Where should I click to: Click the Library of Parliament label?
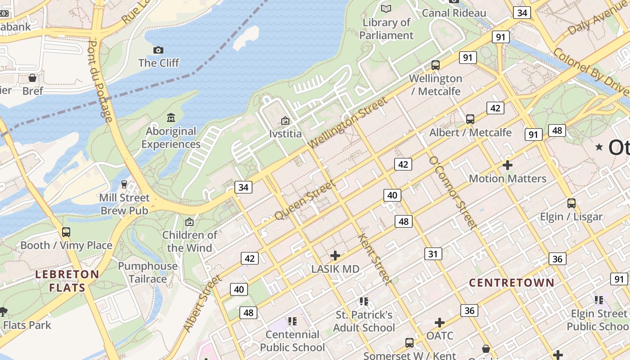pos(386,29)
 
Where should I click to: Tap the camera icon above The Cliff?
pos(158,50)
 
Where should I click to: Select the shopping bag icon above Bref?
pos(32,78)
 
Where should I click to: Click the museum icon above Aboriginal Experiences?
pos(171,118)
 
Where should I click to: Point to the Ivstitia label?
pos(285,134)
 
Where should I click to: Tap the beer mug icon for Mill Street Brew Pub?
pos(124,184)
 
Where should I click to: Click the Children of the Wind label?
pos(189,241)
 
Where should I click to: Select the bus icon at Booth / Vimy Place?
pos(66,232)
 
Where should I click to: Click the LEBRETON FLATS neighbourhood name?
pos(67,281)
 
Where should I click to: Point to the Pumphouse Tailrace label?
pos(148,272)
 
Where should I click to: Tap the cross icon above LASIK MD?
pos(335,256)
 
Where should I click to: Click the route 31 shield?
pos(432,254)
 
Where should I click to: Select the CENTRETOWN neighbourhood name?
pos(512,283)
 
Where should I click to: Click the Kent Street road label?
pos(373,259)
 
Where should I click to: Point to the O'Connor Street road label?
pos(452,193)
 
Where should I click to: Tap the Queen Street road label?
pos(305,200)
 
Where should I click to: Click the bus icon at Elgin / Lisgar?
pos(571,203)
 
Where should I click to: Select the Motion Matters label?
pos(507,179)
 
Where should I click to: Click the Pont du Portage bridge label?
pos(99,81)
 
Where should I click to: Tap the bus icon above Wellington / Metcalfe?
pos(435,65)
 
